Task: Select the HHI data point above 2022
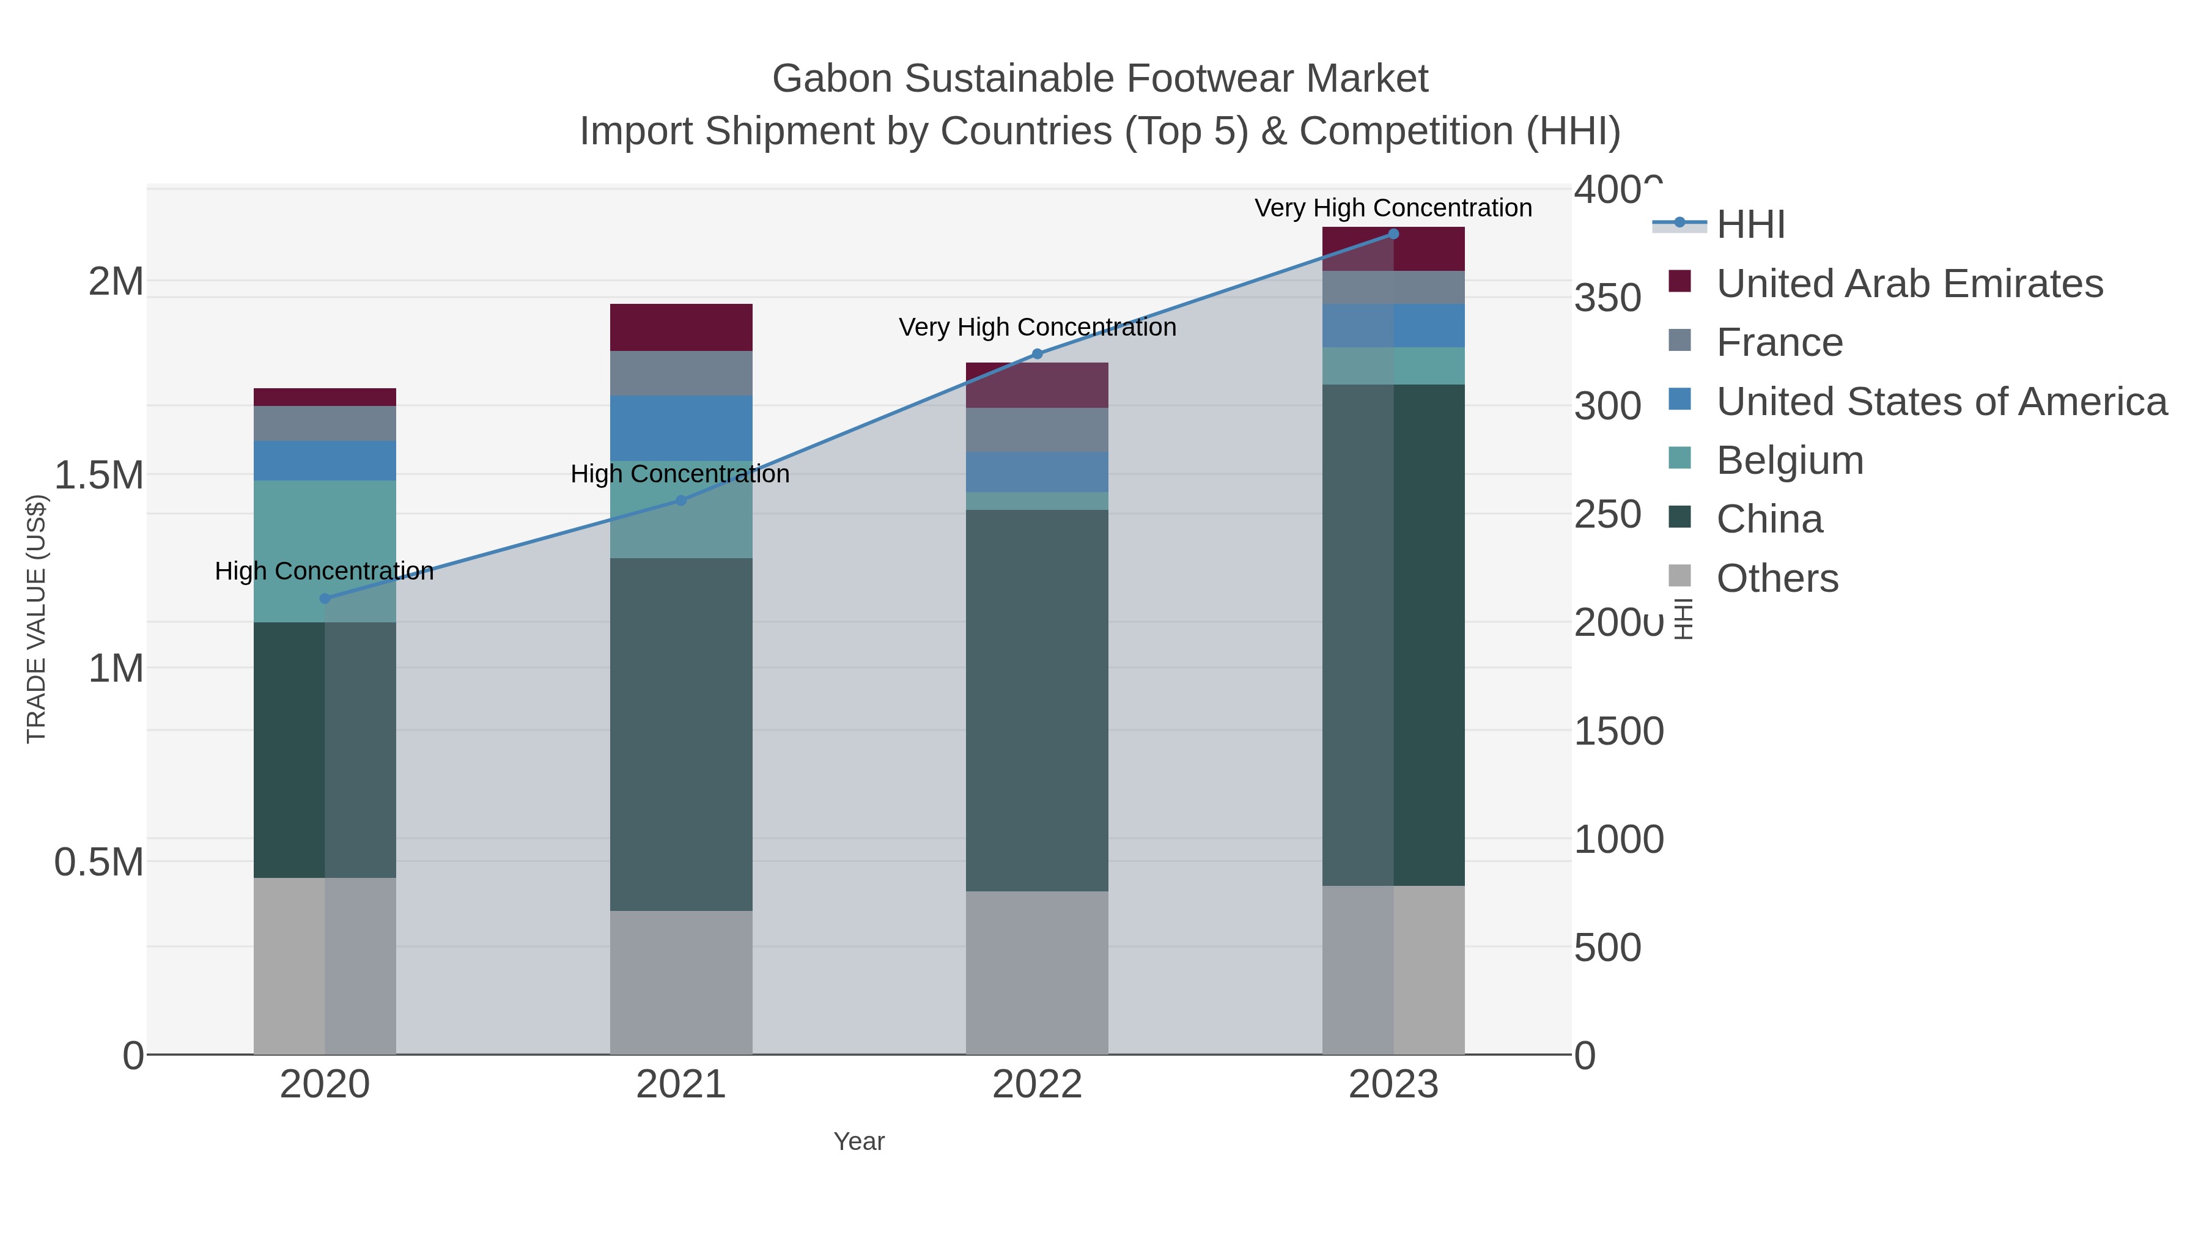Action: (x=1038, y=354)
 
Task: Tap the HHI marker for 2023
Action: (x=1393, y=234)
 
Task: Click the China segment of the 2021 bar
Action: (x=681, y=735)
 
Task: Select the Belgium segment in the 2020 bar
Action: (x=325, y=551)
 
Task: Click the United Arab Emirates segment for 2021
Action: (x=681, y=327)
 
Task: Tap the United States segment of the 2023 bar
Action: (x=1393, y=325)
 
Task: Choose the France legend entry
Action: (x=1779, y=342)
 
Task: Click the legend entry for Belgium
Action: (x=1789, y=460)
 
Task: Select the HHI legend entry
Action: (x=1750, y=225)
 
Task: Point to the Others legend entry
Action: (x=1776, y=578)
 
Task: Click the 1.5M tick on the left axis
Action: (x=99, y=475)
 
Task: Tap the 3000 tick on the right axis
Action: (x=1607, y=406)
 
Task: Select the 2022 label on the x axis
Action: (x=1038, y=1085)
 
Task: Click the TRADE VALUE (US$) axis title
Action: (x=37, y=619)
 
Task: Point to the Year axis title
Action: (x=859, y=1141)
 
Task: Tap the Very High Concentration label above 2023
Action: (x=1393, y=208)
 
